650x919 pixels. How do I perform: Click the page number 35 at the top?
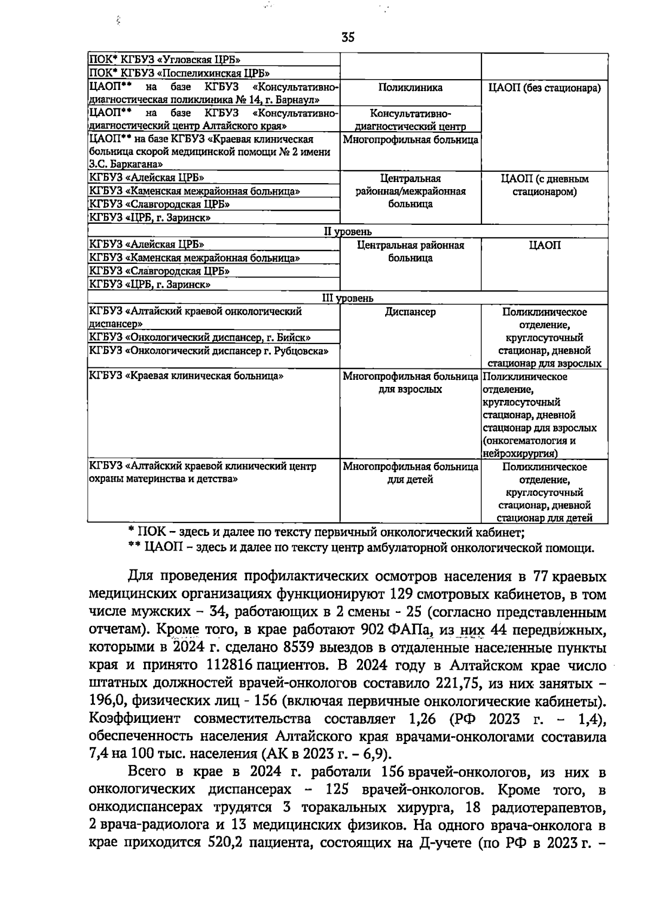coord(348,37)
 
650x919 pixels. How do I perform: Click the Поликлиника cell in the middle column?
coord(410,88)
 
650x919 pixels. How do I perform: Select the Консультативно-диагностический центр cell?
coord(410,120)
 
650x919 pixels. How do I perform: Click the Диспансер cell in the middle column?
coord(410,312)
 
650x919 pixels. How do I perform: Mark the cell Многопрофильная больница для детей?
coord(410,473)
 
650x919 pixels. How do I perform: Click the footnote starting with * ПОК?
coord(326,533)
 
